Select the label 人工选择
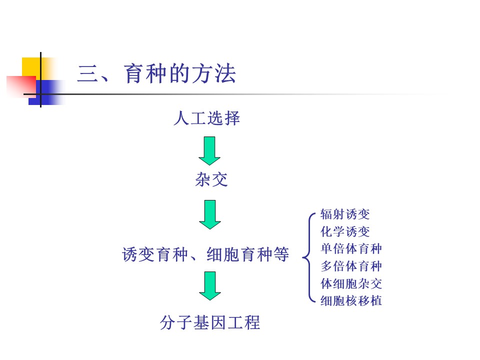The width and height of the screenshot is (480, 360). pyautogui.click(x=206, y=119)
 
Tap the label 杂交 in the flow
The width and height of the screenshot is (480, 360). pyautogui.click(x=211, y=180)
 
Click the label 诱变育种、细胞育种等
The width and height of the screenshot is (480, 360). pyautogui.click(x=205, y=254)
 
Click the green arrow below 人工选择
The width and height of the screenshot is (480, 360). pyautogui.click(x=209, y=150)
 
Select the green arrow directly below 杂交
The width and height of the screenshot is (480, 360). pyautogui.click(x=209, y=214)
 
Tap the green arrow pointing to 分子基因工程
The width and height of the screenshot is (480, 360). pyautogui.click(x=209, y=286)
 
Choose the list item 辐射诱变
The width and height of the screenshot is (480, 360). pyautogui.click(x=345, y=215)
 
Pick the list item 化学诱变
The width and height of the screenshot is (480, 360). pyautogui.click(x=345, y=232)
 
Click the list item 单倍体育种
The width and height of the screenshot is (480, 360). pyautogui.click(x=351, y=249)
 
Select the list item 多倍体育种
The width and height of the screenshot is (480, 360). pyautogui.click(x=351, y=266)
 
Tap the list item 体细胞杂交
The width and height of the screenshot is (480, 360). pyautogui.click(x=351, y=283)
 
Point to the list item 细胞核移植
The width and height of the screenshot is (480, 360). pyautogui.click(x=351, y=300)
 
